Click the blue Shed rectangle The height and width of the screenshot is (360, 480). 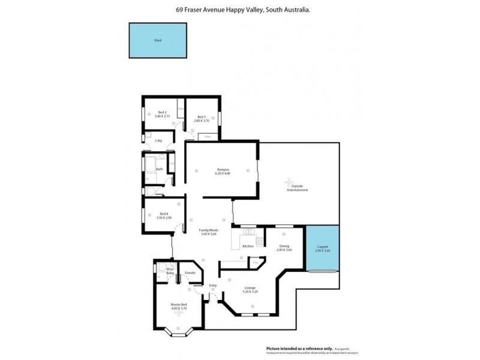click(157, 40)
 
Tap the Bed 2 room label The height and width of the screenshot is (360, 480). click(162, 112)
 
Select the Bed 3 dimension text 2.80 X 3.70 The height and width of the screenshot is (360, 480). click(200, 121)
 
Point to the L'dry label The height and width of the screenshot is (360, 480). click(158, 140)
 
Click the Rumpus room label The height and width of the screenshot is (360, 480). click(223, 169)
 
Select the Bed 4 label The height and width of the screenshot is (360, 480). click(163, 214)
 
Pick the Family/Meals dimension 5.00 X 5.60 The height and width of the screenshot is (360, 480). click(208, 235)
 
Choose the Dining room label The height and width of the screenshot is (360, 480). click(284, 245)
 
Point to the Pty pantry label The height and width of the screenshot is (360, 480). click(255, 262)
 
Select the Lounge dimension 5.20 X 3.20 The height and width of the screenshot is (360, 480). click(250, 292)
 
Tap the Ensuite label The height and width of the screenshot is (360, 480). click(190, 272)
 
